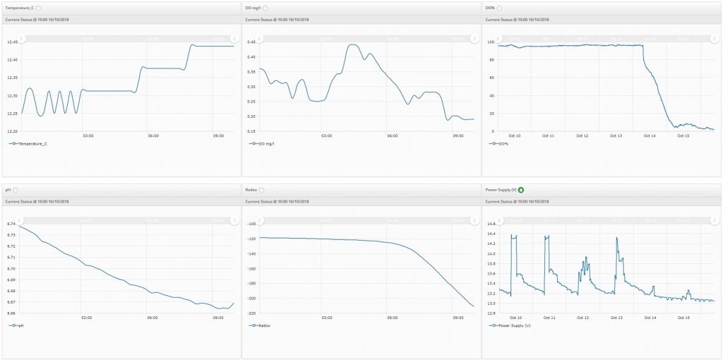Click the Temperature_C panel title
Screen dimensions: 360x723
tap(19, 7)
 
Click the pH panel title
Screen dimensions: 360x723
tap(8, 189)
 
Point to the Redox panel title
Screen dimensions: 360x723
tap(251, 189)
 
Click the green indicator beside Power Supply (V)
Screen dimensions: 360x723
tap(522, 189)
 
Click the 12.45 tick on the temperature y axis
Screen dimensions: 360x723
tap(11, 42)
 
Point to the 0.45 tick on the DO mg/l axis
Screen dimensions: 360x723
tap(251, 42)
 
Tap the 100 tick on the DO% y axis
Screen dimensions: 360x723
tap(491, 42)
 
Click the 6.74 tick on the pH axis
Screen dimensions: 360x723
tap(11, 224)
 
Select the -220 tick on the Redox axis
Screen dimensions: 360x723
tap(249, 313)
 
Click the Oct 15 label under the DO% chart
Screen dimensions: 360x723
tap(683, 136)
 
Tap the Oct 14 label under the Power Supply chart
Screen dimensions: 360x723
tap(650, 318)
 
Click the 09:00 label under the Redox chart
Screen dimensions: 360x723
tap(458, 318)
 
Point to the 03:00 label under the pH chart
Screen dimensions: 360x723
tap(87, 318)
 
